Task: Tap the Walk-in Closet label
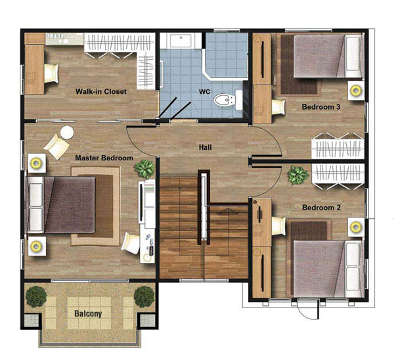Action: click(x=101, y=91)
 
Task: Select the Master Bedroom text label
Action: click(x=104, y=158)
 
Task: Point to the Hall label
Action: click(x=206, y=147)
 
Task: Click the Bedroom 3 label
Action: click(x=321, y=107)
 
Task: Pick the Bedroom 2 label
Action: click(x=321, y=208)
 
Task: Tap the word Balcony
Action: click(x=88, y=314)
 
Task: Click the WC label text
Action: click(x=204, y=91)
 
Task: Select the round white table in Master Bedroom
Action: click(x=67, y=132)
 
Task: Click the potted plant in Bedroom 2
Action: click(x=298, y=174)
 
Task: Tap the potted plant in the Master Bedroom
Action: click(x=144, y=169)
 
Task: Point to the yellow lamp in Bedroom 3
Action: click(x=355, y=90)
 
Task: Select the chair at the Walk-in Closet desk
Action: click(x=51, y=73)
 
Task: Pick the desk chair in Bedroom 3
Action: click(x=278, y=107)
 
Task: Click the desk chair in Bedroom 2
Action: click(x=278, y=226)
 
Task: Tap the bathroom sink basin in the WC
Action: click(x=181, y=40)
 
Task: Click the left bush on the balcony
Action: click(x=36, y=297)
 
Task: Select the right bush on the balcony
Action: click(x=144, y=297)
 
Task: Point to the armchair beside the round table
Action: click(x=56, y=146)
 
